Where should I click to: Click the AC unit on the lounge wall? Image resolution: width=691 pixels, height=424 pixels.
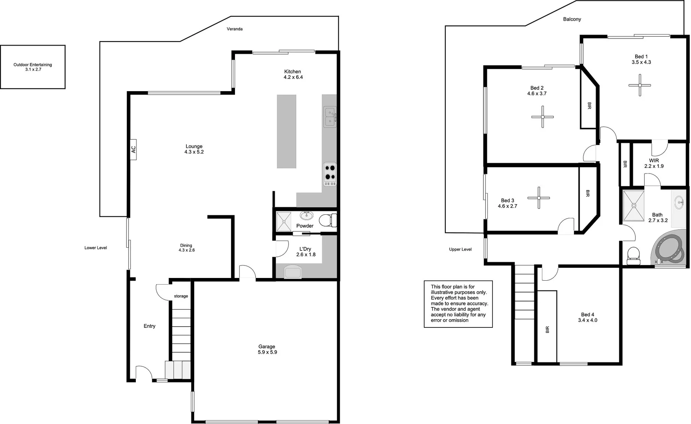(133, 150)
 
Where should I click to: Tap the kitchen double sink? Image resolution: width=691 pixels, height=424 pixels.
(330, 117)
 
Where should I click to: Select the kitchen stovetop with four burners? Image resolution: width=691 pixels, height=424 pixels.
(330, 174)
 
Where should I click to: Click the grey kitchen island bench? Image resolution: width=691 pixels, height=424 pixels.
(286, 132)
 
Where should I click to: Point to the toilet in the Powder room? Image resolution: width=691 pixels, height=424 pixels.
(327, 220)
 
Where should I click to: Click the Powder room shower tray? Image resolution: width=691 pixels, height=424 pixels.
(283, 221)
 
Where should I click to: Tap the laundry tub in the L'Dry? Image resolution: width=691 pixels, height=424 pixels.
(293, 271)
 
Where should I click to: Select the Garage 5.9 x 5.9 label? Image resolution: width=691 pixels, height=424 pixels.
(267, 349)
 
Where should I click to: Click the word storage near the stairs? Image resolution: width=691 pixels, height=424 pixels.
(181, 296)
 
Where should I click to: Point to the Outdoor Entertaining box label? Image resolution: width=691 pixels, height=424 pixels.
(33, 67)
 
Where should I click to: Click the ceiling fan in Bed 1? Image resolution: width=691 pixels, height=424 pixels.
(640, 85)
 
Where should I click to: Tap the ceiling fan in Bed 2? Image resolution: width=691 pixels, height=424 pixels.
(542, 117)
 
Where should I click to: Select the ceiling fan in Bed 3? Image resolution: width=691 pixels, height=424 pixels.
(538, 198)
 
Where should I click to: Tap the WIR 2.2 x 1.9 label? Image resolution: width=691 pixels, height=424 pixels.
(654, 163)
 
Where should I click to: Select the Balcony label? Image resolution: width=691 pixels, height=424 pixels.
(572, 19)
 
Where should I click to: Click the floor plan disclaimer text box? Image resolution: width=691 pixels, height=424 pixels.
(458, 303)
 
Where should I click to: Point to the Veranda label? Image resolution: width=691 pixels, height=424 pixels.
(235, 29)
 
